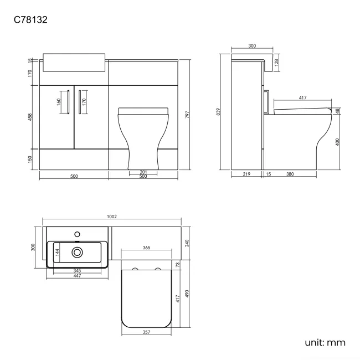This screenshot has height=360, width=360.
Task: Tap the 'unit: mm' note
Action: point(325,342)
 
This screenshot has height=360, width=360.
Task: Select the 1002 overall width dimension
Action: point(115,217)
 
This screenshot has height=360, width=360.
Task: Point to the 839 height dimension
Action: point(219,111)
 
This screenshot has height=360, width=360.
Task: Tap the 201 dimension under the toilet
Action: point(143,172)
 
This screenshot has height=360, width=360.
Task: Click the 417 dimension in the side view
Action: point(302,97)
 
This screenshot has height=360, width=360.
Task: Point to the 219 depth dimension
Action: point(247,174)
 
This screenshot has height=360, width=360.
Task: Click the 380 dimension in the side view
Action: point(290,174)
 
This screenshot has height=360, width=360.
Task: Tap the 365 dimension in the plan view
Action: point(146,248)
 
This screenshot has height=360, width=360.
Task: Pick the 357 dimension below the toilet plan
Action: point(146,332)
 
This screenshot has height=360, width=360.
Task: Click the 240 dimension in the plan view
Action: point(188,242)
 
